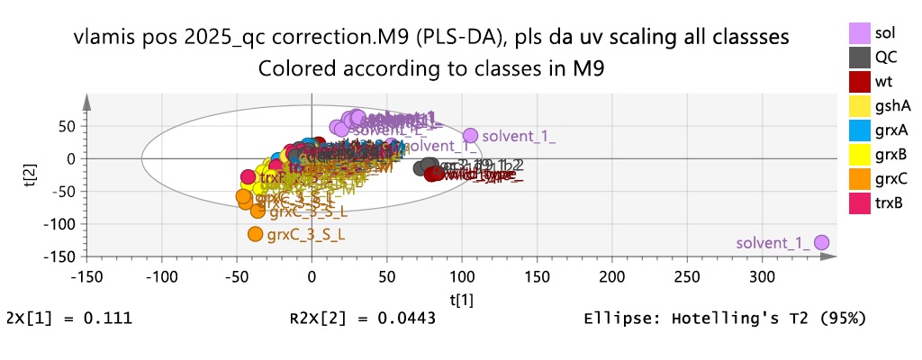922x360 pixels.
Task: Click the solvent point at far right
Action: pyautogui.click(x=821, y=243)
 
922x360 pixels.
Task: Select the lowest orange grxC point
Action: pyautogui.click(x=255, y=234)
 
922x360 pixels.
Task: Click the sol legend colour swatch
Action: pyautogui.click(x=862, y=32)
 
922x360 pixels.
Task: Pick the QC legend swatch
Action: pyautogui.click(x=862, y=57)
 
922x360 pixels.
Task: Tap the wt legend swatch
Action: pyautogui.click(x=862, y=81)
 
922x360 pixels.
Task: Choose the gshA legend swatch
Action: pyautogui.click(x=862, y=105)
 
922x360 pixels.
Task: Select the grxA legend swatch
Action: pyautogui.click(x=862, y=130)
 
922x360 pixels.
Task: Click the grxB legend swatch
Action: pyautogui.click(x=862, y=154)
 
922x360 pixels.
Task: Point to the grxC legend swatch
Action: pyautogui.click(x=862, y=178)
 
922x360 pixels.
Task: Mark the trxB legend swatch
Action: pyautogui.click(x=862, y=202)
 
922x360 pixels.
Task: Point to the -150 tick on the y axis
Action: pyautogui.click(x=59, y=256)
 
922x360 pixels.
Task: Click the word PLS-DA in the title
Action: pyautogui.click(x=442, y=38)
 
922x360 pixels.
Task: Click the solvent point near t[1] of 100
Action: pyautogui.click(x=470, y=135)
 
